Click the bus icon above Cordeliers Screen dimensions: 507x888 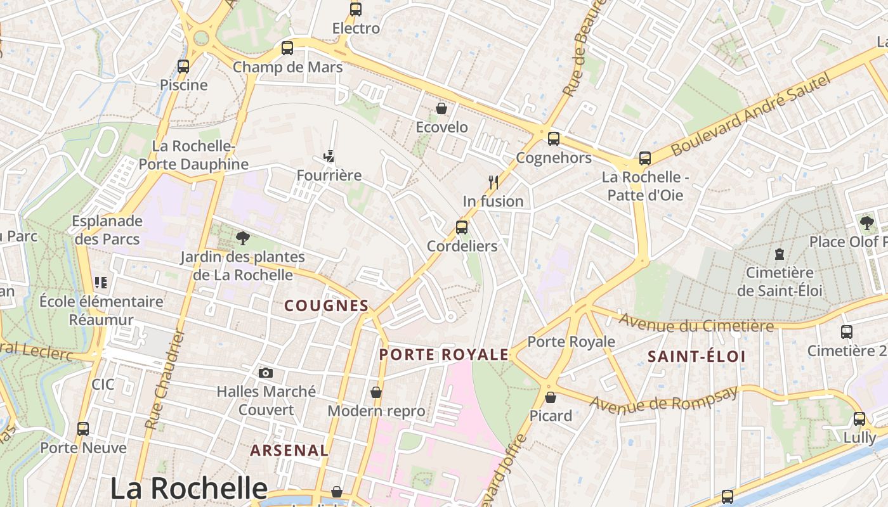462,227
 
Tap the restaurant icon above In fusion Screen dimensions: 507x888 493,183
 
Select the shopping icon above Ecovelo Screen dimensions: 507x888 441,108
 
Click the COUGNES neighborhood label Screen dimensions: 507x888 326,306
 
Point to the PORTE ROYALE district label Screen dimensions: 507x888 444,355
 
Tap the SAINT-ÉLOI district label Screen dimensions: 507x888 696,357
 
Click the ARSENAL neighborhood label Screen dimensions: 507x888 289,451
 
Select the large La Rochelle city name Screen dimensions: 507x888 189,488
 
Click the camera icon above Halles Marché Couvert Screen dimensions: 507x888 266,373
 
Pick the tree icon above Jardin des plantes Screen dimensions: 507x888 242,238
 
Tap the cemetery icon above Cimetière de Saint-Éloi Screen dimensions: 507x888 780,254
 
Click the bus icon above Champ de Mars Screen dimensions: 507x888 287,48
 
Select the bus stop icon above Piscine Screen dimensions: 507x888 183,66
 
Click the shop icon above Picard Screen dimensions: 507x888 551,397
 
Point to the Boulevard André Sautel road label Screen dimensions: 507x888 750,115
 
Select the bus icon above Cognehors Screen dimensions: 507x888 554,139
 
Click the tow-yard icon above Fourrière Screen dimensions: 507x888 329,157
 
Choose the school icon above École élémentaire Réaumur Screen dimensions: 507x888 101,282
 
